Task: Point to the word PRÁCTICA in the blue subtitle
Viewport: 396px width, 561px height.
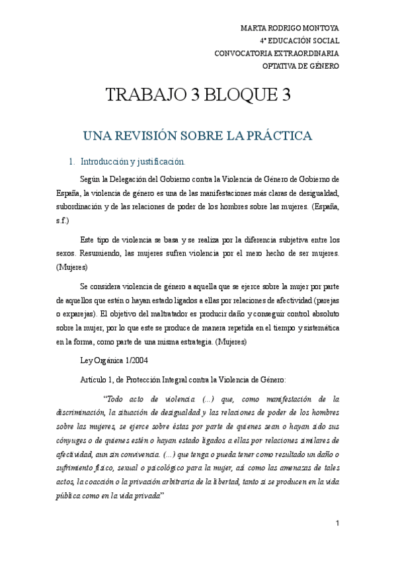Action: click(x=276, y=136)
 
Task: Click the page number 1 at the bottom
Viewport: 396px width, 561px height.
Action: click(x=338, y=524)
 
